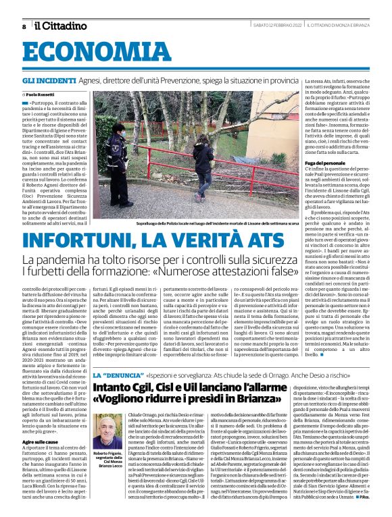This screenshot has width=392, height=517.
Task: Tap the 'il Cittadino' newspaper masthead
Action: [x=61, y=26]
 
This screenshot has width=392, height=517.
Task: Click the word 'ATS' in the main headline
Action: [x=260, y=240]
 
